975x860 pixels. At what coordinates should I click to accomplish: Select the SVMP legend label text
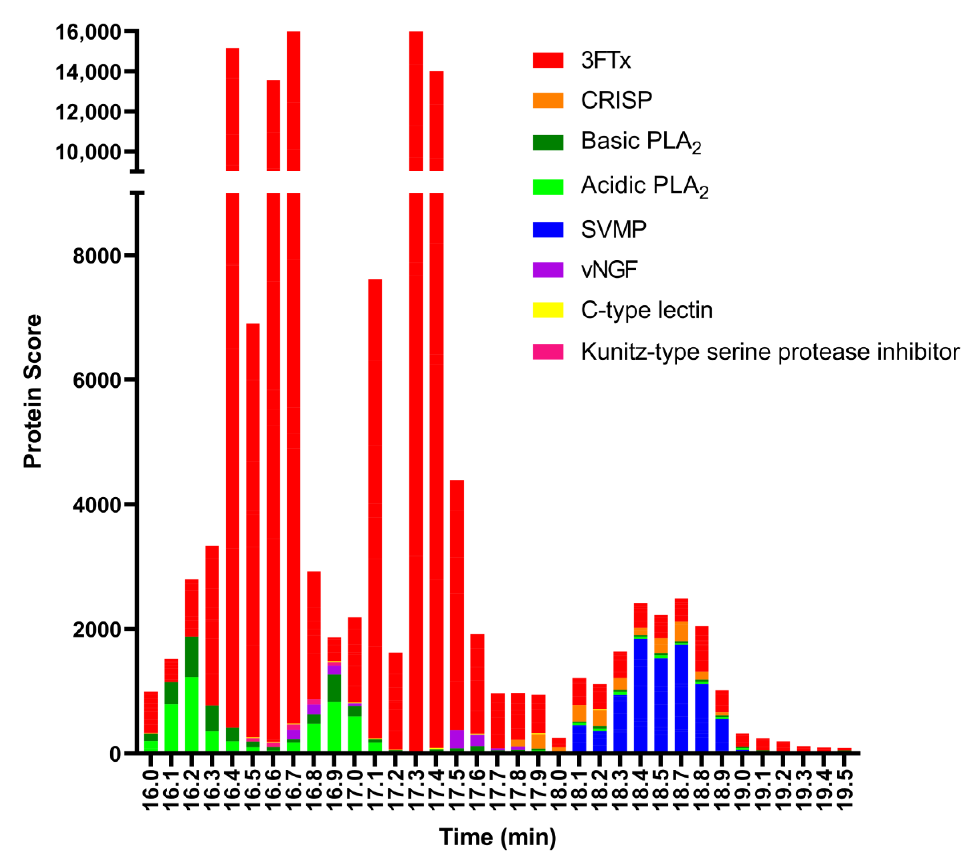613,230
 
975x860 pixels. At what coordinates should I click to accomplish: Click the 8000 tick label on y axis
96,256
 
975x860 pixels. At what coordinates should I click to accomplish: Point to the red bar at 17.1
375,477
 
